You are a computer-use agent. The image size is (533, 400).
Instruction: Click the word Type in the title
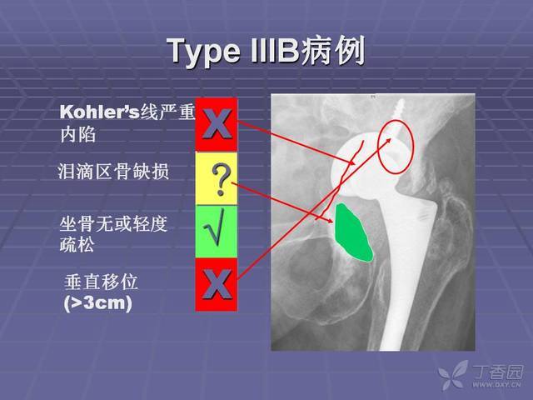(203, 51)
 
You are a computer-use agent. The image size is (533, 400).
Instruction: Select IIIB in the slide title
(274, 51)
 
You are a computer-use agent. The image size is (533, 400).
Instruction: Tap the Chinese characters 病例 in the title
(332, 51)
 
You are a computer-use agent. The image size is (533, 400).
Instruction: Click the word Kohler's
(100, 112)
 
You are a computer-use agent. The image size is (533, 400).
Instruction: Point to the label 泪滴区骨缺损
(113, 171)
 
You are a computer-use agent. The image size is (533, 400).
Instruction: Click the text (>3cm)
(98, 302)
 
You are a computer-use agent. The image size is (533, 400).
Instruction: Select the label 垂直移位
(101, 282)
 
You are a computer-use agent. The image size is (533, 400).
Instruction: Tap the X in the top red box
(217, 124)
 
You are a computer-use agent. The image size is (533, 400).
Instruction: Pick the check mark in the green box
(215, 227)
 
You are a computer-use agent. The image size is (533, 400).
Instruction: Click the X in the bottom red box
(217, 285)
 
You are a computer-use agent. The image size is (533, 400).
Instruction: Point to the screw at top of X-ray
(397, 119)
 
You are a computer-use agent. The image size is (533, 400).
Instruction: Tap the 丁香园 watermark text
(498, 372)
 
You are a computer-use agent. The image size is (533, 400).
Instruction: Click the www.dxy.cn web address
(496, 385)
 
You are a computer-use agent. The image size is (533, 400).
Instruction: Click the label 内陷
(77, 135)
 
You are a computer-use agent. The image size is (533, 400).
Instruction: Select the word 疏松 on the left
(77, 245)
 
